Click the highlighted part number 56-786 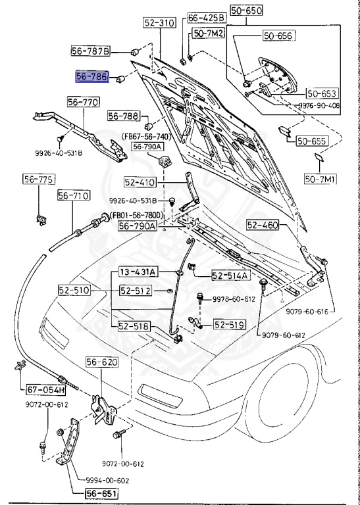pos(93,77)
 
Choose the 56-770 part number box pos(83,102)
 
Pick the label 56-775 pos(39,180)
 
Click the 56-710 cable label pos(73,195)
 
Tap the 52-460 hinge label pos(263,225)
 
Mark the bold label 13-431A pos(137,272)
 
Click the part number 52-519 pos(228,324)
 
